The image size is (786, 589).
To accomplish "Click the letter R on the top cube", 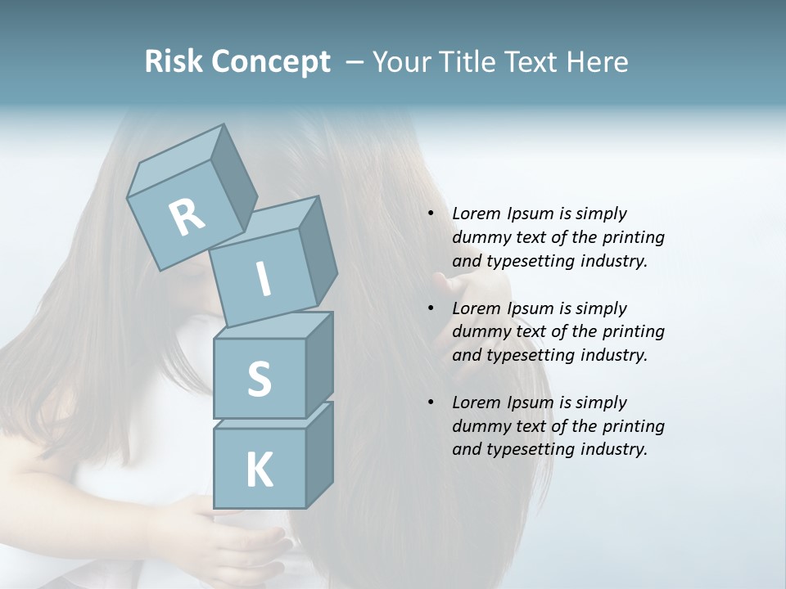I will [x=187, y=217].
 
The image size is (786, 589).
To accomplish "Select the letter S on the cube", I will [x=259, y=379].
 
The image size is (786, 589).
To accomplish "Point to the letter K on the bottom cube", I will [x=259, y=470].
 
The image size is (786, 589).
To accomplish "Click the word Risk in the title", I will [x=174, y=62].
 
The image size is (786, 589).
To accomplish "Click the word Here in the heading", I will [x=596, y=62].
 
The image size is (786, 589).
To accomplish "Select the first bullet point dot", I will [x=431, y=214].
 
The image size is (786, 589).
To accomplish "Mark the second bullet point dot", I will [x=431, y=308].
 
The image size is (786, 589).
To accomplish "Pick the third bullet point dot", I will [x=431, y=402].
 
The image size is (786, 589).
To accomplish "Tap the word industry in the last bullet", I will [x=614, y=449].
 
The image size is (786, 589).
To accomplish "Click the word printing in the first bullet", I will [x=634, y=238].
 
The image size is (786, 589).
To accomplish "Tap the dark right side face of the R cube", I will [x=234, y=182].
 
